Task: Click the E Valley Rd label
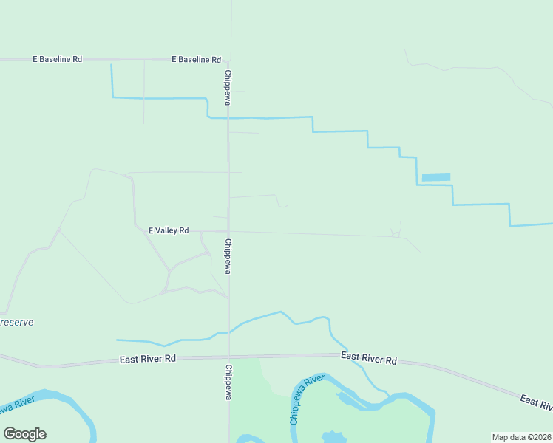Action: click(169, 230)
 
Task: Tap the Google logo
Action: click(24, 434)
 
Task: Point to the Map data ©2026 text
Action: click(521, 437)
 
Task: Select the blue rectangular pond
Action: click(435, 177)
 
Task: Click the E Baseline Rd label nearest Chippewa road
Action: click(196, 59)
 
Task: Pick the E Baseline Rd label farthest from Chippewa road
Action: click(57, 59)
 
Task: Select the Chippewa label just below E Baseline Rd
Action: click(228, 87)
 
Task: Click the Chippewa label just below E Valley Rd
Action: click(228, 256)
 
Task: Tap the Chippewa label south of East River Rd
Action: click(228, 382)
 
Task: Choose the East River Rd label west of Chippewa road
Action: click(148, 360)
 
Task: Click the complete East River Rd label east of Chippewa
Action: click(369, 358)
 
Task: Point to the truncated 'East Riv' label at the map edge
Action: click(536, 402)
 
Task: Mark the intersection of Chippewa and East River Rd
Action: click(228, 357)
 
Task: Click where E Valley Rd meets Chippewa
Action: click(228, 231)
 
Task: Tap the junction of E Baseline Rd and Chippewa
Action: click(228, 59)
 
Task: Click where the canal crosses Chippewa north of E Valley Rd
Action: click(228, 117)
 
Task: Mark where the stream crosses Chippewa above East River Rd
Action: click(228, 332)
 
